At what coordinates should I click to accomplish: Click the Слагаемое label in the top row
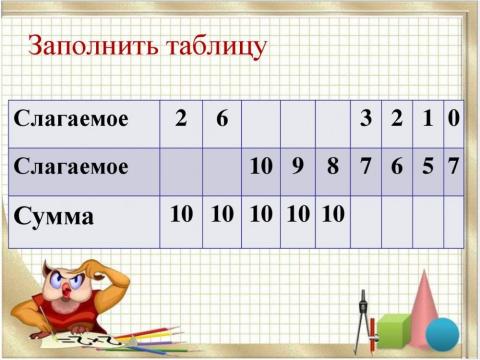click(x=72, y=119)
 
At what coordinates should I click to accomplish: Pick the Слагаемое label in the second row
click(x=72, y=166)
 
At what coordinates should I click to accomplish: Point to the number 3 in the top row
click(x=367, y=119)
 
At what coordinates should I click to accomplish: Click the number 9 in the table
click(x=297, y=166)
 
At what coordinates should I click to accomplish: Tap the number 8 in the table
click(x=332, y=166)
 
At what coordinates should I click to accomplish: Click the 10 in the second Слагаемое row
click(x=261, y=166)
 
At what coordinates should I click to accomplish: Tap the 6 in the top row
click(x=222, y=119)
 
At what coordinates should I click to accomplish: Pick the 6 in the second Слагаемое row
click(x=397, y=166)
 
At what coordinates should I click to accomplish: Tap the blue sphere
click(x=442, y=332)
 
